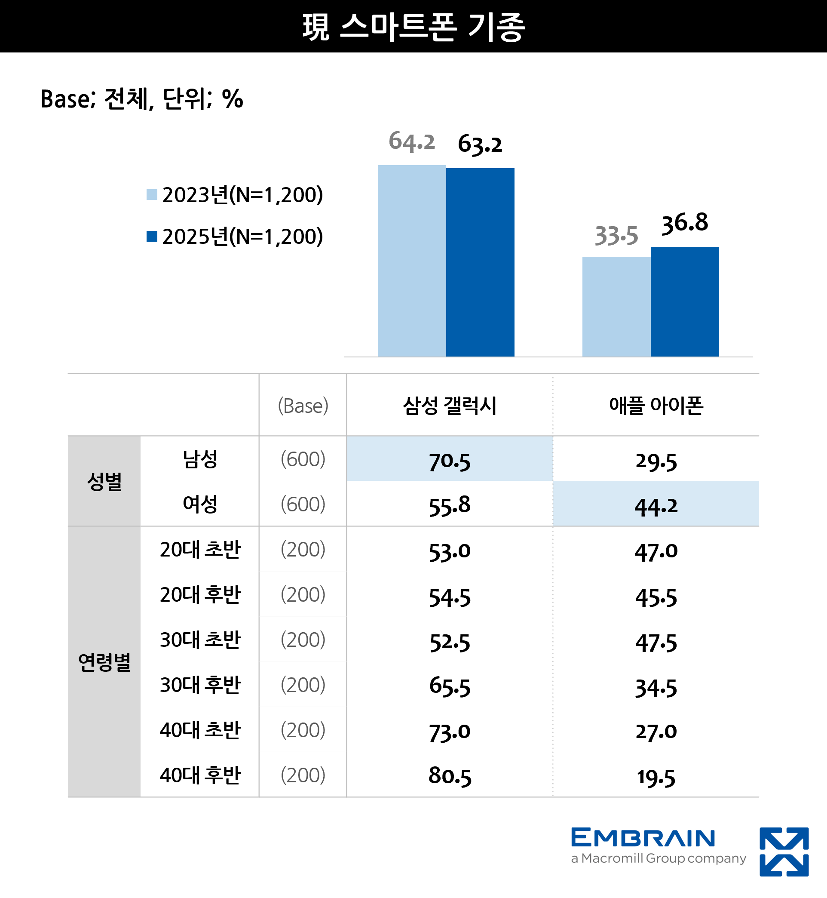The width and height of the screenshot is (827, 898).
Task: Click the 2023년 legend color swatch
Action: coord(152,195)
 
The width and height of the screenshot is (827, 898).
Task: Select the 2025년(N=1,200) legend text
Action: coord(242,237)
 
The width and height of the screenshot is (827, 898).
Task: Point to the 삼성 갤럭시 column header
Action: coord(449,406)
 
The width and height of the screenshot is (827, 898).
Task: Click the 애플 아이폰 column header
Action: coord(655,406)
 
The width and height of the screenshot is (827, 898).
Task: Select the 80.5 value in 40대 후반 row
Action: coord(449,776)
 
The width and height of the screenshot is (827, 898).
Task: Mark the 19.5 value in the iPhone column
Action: coord(655,777)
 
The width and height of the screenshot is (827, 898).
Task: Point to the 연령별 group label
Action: coord(104,662)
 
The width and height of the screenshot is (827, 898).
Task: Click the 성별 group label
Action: coord(104,482)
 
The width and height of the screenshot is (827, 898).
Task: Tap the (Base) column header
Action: coord(303,406)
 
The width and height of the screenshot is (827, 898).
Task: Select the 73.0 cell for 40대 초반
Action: coord(449,732)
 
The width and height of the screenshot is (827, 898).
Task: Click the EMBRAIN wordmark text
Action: coord(643,837)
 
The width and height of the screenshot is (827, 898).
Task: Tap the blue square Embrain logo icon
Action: coord(784,851)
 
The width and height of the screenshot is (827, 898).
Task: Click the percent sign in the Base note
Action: coord(232,99)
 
